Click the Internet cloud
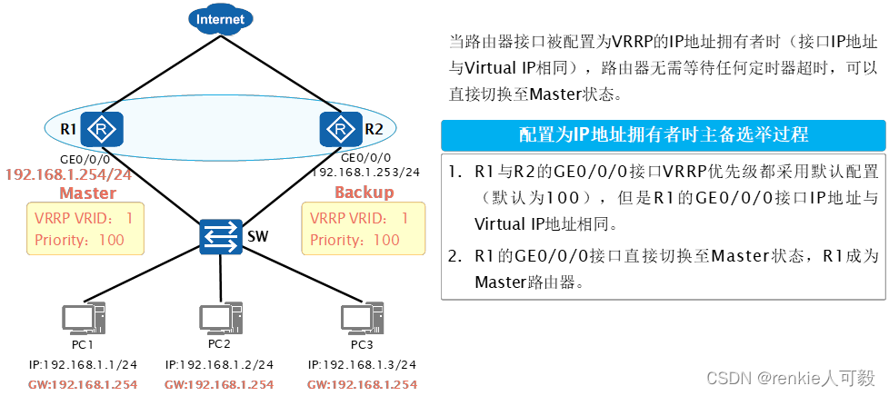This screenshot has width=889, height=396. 221,19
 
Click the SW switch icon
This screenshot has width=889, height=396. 222,237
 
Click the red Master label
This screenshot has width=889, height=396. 87,193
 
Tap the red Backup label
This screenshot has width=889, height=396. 364,193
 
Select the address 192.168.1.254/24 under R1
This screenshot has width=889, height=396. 68,173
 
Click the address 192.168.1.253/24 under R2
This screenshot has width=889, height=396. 366,171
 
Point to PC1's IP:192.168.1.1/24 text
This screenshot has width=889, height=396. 82,364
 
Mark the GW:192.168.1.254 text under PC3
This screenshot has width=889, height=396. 361,384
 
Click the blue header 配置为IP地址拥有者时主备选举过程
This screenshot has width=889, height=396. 663,135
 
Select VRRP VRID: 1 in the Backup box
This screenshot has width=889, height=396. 360,219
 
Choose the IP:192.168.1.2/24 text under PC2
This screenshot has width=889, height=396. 220,364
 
